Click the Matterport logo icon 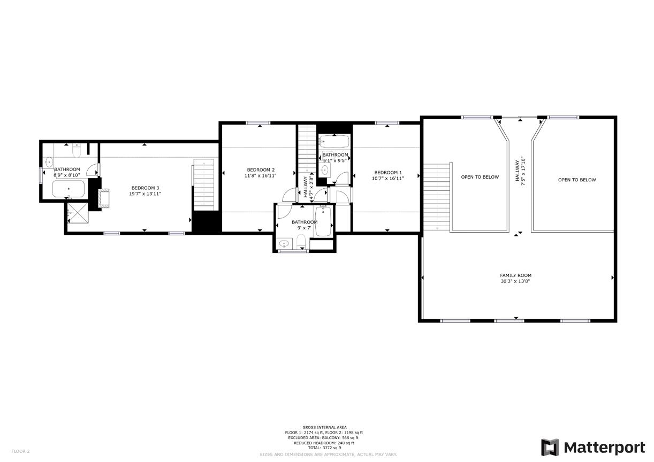pyautogui.click(x=550, y=447)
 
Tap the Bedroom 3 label pyautogui.click(x=146, y=188)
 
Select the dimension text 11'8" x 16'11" pyautogui.click(x=261, y=175)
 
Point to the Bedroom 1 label pyautogui.click(x=388, y=172)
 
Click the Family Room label pyautogui.click(x=515, y=275)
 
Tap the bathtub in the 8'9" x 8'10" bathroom pyautogui.click(x=68, y=189)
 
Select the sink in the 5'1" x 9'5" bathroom pyautogui.click(x=324, y=171)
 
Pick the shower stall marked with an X pyautogui.click(x=78, y=213)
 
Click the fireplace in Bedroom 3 pyautogui.click(x=103, y=197)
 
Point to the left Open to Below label pyautogui.click(x=480, y=177)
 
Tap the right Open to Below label pyautogui.click(x=576, y=180)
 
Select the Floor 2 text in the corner pyautogui.click(x=20, y=451)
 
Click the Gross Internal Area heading pyautogui.click(x=324, y=427)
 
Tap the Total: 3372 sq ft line pyautogui.click(x=324, y=448)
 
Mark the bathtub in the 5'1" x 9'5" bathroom pyautogui.click(x=334, y=142)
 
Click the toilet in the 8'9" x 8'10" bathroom pyautogui.click(x=77, y=151)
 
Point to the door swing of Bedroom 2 pyautogui.click(x=289, y=195)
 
